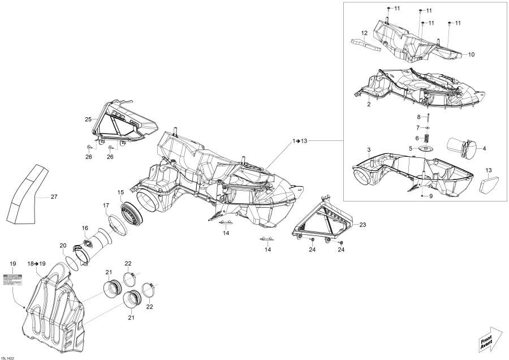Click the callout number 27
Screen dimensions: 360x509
coord(54,197)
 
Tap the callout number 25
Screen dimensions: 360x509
coord(88,119)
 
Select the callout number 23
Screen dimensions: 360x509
coord(363,225)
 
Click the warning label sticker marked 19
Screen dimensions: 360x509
coord(13,279)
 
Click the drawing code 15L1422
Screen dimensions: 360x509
coord(10,357)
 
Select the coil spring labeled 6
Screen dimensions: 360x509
coord(428,139)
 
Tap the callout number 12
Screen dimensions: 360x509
coord(365,33)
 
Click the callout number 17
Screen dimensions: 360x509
coord(106,205)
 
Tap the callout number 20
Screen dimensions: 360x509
coord(63,245)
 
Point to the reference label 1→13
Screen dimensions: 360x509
coord(301,140)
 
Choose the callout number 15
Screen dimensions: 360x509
coord(120,193)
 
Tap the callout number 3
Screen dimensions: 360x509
coord(368,149)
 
